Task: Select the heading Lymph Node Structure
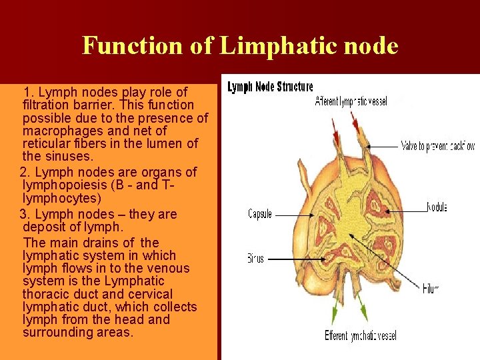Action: pyautogui.click(x=270, y=87)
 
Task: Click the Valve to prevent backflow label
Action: pyautogui.click(x=437, y=145)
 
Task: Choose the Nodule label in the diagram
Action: pyautogui.click(x=436, y=207)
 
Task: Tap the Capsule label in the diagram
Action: pyautogui.click(x=260, y=214)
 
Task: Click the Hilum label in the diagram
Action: pyautogui.click(x=430, y=289)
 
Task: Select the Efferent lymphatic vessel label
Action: pyautogui.click(x=361, y=335)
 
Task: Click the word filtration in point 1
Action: pyautogui.click(x=47, y=105)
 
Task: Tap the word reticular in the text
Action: pyautogui.click(x=47, y=144)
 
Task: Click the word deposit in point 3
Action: pyautogui.click(x=43, y=227)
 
